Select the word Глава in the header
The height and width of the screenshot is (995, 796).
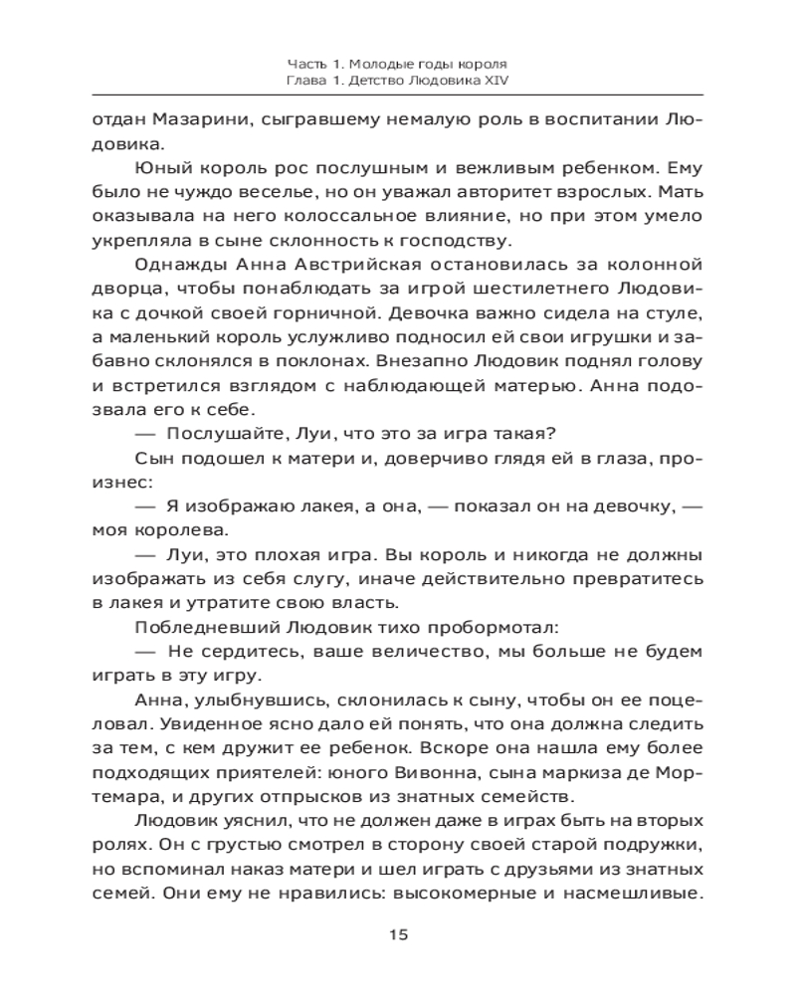pos(303,79)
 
